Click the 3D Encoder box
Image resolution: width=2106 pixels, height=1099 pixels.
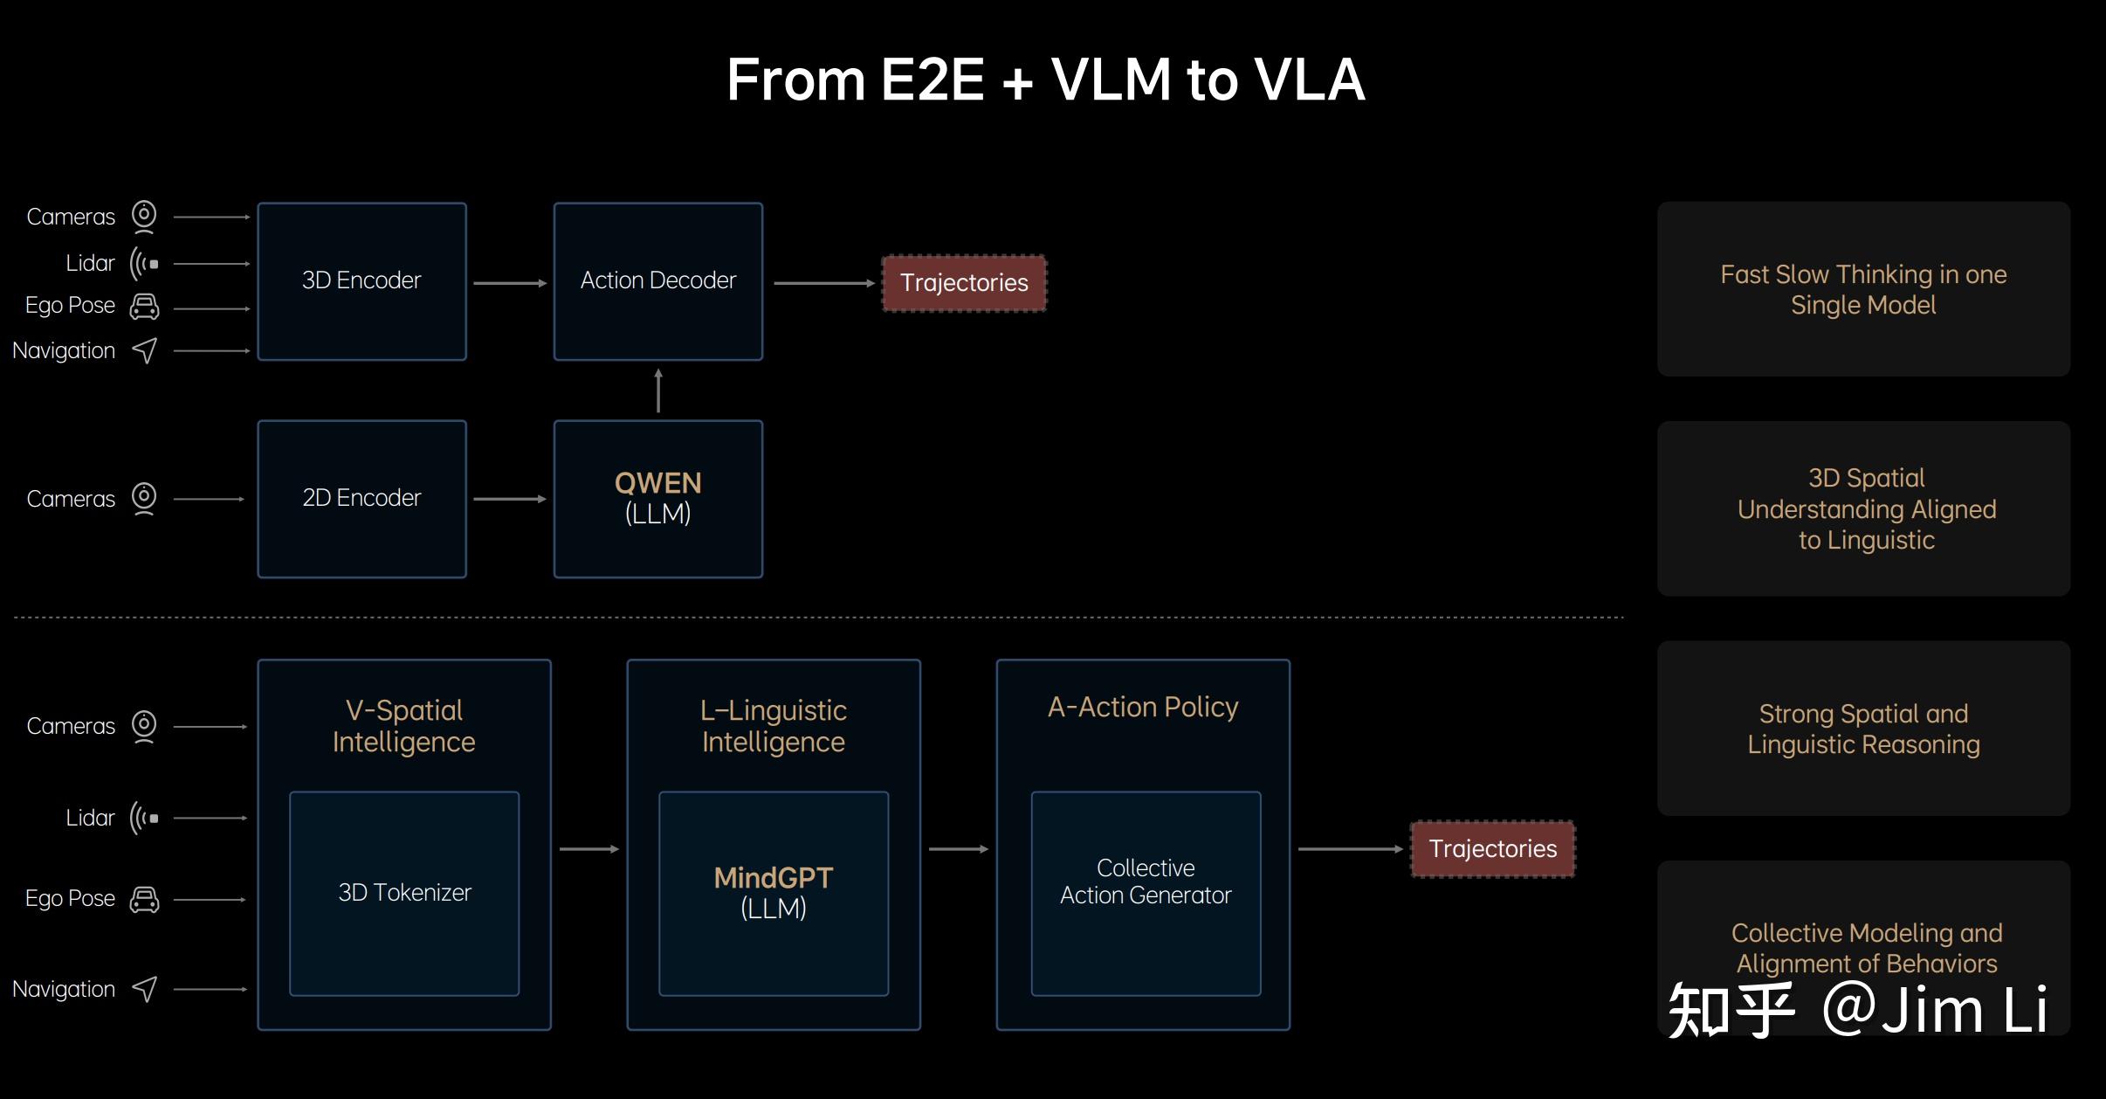point(361,281)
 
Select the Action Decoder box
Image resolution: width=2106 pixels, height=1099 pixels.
point(658,281)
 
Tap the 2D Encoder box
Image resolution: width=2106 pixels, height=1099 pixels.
point(361,499)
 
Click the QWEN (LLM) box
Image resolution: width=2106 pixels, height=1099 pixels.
point(658,499)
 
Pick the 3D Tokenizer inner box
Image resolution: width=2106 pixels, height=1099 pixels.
point(404,894)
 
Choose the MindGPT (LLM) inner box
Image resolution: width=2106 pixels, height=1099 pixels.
point(774,894)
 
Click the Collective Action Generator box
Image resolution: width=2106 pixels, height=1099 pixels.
point(1146,894)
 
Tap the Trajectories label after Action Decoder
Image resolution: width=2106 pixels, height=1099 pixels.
point(964,283)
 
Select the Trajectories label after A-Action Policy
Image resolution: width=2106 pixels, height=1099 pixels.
point(1493,848)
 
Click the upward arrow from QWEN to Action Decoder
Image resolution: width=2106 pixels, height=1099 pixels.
point(658,391)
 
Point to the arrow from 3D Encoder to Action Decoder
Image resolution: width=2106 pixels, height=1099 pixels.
point(510,283)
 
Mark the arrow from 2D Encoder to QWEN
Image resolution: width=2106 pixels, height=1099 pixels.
point(510,499)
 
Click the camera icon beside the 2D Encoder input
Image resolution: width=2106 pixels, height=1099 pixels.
point(144,499)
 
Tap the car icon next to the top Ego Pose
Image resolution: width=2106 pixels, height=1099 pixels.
point(144,307)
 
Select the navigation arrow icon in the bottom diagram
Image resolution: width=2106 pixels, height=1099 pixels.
point(145,989)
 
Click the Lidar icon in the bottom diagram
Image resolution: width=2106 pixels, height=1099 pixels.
point(144,819)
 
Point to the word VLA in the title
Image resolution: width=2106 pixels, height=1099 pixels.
point(1310,79)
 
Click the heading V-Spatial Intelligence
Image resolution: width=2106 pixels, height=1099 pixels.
point(404,726)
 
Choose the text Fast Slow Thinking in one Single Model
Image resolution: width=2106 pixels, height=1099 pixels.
point(1863,289)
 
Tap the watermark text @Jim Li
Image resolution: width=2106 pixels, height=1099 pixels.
point(1935,1009)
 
